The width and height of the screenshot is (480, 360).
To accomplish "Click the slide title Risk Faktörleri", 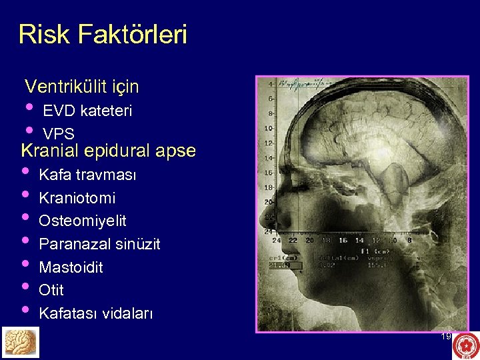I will (x=103, y=35).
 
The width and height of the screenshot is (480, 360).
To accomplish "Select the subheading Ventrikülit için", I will (x=81, y=87).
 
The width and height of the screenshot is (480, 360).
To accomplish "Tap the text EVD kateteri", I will (x=87, y=111).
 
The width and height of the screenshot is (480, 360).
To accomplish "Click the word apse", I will (x=175, y=151).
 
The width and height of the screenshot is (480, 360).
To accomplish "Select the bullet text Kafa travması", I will (x=87, y=175).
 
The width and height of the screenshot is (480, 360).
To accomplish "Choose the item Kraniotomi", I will (x=77, y=198).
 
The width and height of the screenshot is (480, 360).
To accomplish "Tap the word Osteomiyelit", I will (x=83, y=221).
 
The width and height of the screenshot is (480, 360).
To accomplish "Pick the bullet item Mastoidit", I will (x=71, y=267).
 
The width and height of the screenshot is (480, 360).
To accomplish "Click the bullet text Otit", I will (x=51, y=290).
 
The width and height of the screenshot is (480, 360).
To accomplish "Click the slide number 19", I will (x=446, y=337).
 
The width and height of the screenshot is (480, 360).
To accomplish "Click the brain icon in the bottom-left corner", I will (x=19, y=342).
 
